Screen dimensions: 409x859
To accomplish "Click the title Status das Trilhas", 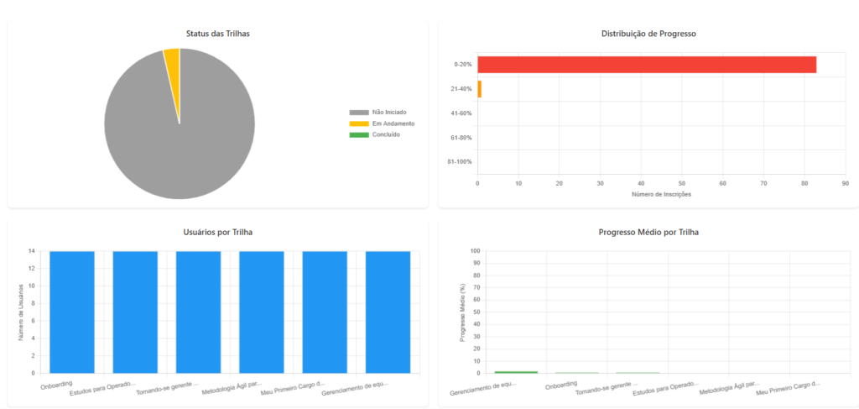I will point(218,34).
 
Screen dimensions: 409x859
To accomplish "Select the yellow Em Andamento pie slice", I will point(172,56).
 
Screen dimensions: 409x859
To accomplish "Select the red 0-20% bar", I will point(646,65).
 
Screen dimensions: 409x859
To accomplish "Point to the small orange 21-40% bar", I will point(479,89).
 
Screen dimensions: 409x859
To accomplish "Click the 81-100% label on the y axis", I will point(461,161).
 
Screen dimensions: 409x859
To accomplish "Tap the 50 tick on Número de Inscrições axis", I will point(682,182).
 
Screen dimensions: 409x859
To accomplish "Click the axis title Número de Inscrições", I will point(661,194).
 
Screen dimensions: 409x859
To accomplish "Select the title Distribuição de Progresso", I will point(648,34).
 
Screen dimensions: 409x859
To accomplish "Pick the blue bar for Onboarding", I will point(72,311).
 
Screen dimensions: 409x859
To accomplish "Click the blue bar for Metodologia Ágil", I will point(261,311).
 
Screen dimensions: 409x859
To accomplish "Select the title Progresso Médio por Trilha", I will point(648,232).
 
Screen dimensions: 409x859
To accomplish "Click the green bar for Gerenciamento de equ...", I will point(516,371).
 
